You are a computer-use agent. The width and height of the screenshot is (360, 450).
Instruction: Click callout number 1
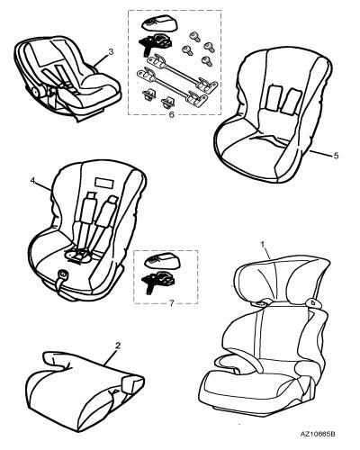[263, 245]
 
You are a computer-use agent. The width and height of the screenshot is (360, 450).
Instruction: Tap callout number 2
[118, 346]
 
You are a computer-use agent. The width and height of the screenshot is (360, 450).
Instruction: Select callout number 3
[111, 52]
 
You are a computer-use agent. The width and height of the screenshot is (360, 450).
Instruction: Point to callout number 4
[33, 180]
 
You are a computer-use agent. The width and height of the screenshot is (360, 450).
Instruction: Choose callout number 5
[336, 156]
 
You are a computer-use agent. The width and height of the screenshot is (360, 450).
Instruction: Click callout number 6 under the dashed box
[172, 114]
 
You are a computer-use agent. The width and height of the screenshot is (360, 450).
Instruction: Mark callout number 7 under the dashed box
[172, 303]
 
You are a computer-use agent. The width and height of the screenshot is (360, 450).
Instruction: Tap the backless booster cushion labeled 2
[85, 390]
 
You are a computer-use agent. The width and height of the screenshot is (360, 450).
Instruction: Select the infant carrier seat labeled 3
[67, 78]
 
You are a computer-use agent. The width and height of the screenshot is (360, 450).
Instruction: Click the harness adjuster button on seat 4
[63, 274]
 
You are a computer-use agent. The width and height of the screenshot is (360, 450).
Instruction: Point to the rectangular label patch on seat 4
[104, 183]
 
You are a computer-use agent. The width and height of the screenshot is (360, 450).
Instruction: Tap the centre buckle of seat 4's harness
[78, 256]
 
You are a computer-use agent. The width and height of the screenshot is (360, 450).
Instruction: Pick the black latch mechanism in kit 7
[157, 280]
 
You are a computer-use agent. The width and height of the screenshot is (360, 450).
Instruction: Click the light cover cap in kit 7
[163, 260]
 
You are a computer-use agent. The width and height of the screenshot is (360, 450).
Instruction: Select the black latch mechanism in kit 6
[156, 41]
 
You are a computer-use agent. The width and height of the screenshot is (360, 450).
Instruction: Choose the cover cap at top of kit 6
[159, 22]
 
